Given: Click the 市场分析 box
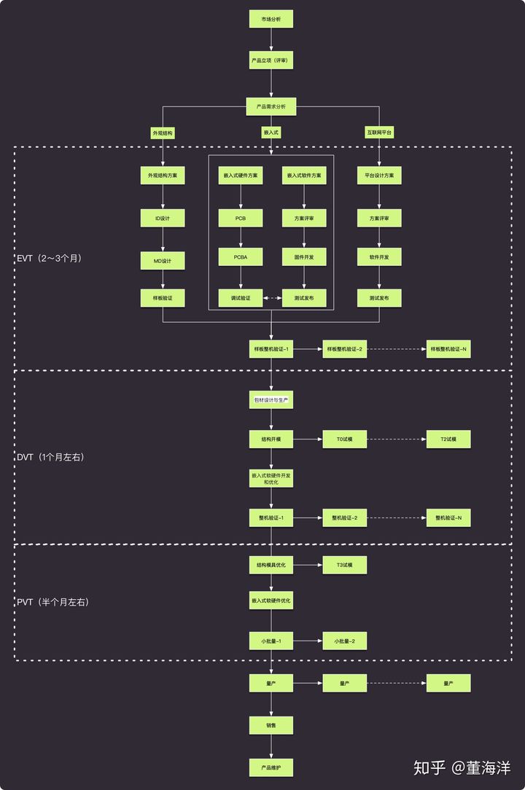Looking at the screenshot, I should (x=271, y=19).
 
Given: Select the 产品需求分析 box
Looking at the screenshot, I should (x=271, y=106).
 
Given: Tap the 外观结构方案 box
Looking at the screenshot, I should (x=163, y=176).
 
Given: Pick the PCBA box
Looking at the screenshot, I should (x=241, y=257).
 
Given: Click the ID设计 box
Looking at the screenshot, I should (x=163, y=218).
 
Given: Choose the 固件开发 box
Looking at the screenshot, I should (x=304, y=257).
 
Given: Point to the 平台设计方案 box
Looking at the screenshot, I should (x=379, y=176).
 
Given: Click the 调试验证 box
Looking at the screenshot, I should (x=241, y=298).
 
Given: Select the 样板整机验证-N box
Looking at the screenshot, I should (x=448, y=350).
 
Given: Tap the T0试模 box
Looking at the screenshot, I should (x=345, y=439).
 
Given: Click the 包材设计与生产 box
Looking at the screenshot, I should (x=271, y=400).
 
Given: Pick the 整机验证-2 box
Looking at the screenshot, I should (x=345, y=518).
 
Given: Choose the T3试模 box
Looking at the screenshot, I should (x=345, y=565).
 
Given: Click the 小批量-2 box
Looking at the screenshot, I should (x=345, y=641).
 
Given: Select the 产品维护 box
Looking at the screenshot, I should (x=271, y=767).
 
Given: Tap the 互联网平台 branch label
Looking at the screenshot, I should (x=379, y=133).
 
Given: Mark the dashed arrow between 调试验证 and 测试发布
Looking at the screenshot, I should (x=272, y=298).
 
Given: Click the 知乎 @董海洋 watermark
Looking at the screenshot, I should (x=462, y=767).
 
